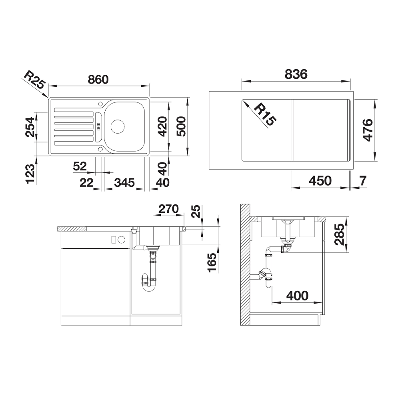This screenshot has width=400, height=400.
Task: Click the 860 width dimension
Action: pos(98,80)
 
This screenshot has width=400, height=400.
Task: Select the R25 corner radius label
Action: pos(34,80)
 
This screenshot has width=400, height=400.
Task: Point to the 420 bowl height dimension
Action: pos(162,126)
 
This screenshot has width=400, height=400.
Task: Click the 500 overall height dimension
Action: pos(181,126)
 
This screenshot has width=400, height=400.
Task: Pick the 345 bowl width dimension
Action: pos(124,183)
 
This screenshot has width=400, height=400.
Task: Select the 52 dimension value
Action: pos(80,166)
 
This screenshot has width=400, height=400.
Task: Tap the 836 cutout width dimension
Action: pos(296,74)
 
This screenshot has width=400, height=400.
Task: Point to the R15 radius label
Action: pos(265,114)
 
